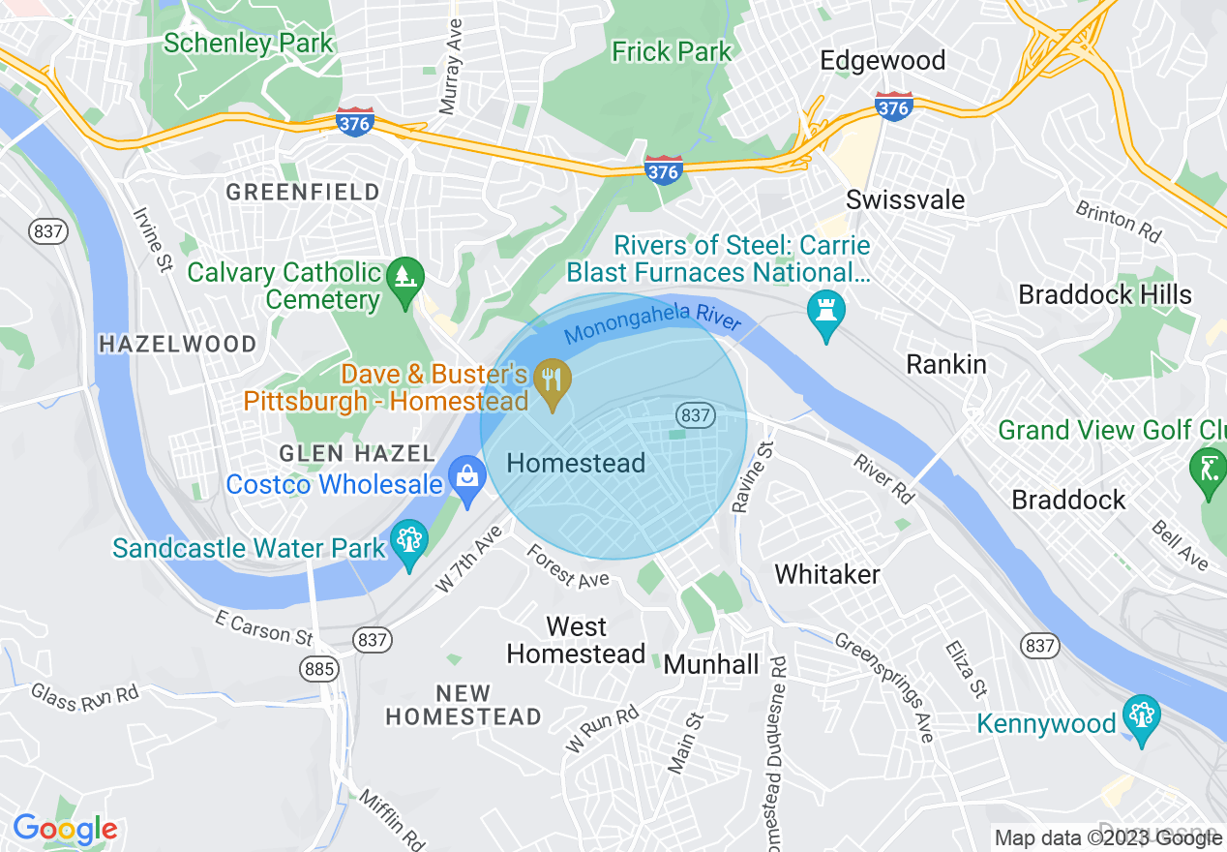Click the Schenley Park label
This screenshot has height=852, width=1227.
[248, 44]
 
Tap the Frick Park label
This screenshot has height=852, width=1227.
[672, 51]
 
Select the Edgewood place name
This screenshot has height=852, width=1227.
[882, 60]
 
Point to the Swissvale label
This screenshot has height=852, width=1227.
[905, 200]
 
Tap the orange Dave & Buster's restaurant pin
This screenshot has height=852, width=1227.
[553, 383]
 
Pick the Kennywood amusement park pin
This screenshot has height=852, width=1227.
[1142, 718]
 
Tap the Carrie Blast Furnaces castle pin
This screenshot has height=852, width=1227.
[826, 314]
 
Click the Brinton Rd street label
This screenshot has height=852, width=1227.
[1119, 222]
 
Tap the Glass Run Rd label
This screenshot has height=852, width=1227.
[84, 696]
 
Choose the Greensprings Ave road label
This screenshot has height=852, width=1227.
[884, 687]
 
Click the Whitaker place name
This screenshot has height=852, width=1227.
[827, 574]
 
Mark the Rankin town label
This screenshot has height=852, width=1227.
[945, 365]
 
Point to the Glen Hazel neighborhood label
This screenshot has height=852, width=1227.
[357, 453]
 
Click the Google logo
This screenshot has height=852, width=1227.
[65, 829]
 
